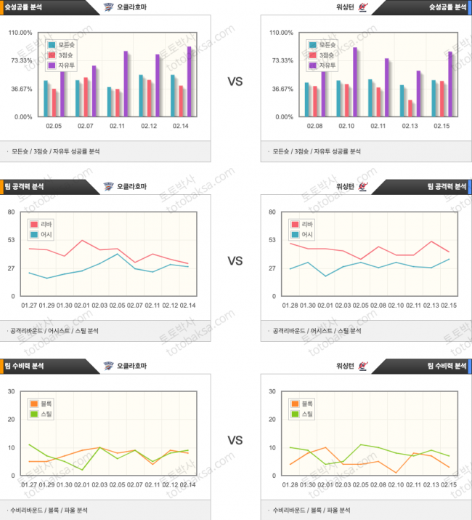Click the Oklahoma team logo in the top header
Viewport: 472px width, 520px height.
point(109,9)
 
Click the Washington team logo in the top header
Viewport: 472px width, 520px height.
point(364,9)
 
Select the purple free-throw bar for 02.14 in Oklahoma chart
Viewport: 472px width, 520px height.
point(190,81)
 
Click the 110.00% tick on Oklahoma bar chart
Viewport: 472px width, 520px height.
point(20,33)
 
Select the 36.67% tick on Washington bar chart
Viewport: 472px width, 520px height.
point(281,89)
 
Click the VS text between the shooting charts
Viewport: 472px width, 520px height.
point(235,81)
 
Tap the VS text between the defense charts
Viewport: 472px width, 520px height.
point(235,440)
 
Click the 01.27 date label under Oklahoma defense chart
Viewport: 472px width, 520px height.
point(30,484)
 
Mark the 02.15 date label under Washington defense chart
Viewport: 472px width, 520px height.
point(449,484)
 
